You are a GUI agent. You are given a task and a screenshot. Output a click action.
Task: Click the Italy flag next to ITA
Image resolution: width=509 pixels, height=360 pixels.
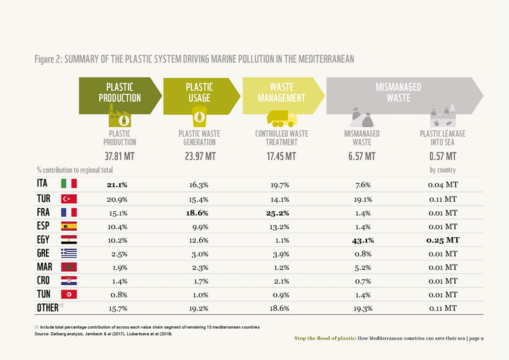68,184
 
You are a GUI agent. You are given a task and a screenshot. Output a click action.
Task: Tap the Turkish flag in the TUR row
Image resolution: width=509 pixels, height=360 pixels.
68,198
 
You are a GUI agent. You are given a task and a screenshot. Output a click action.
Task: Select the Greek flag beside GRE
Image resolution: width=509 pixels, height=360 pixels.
68,253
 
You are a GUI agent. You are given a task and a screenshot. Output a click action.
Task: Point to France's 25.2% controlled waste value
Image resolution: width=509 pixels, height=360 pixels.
278,212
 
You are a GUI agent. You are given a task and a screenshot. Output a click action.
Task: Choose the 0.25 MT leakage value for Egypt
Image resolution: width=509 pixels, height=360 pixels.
442,240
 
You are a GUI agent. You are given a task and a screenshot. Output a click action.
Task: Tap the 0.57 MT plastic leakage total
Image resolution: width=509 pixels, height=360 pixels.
443,156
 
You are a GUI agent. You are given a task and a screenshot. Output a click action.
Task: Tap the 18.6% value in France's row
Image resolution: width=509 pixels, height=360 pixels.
199,212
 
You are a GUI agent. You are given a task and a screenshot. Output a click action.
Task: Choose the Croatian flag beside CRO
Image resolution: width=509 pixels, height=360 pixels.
68,280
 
